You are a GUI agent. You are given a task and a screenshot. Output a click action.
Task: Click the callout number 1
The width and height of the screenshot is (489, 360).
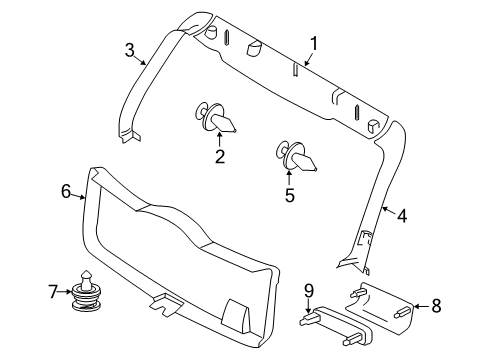pyautogui.click(x=313, y=43)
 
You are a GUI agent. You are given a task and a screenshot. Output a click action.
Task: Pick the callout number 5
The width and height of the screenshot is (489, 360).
pyautogui.click(x=290, y=195)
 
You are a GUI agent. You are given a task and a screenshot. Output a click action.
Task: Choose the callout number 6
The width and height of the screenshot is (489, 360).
pyautogui.click(x=66, y=192)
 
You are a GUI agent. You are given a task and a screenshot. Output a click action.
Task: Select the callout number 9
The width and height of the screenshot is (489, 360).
pyautogui.click(x=309, y=290)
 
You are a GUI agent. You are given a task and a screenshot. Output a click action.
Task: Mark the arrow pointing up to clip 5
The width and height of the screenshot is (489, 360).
pyautogui.click(x=291, y=177)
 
